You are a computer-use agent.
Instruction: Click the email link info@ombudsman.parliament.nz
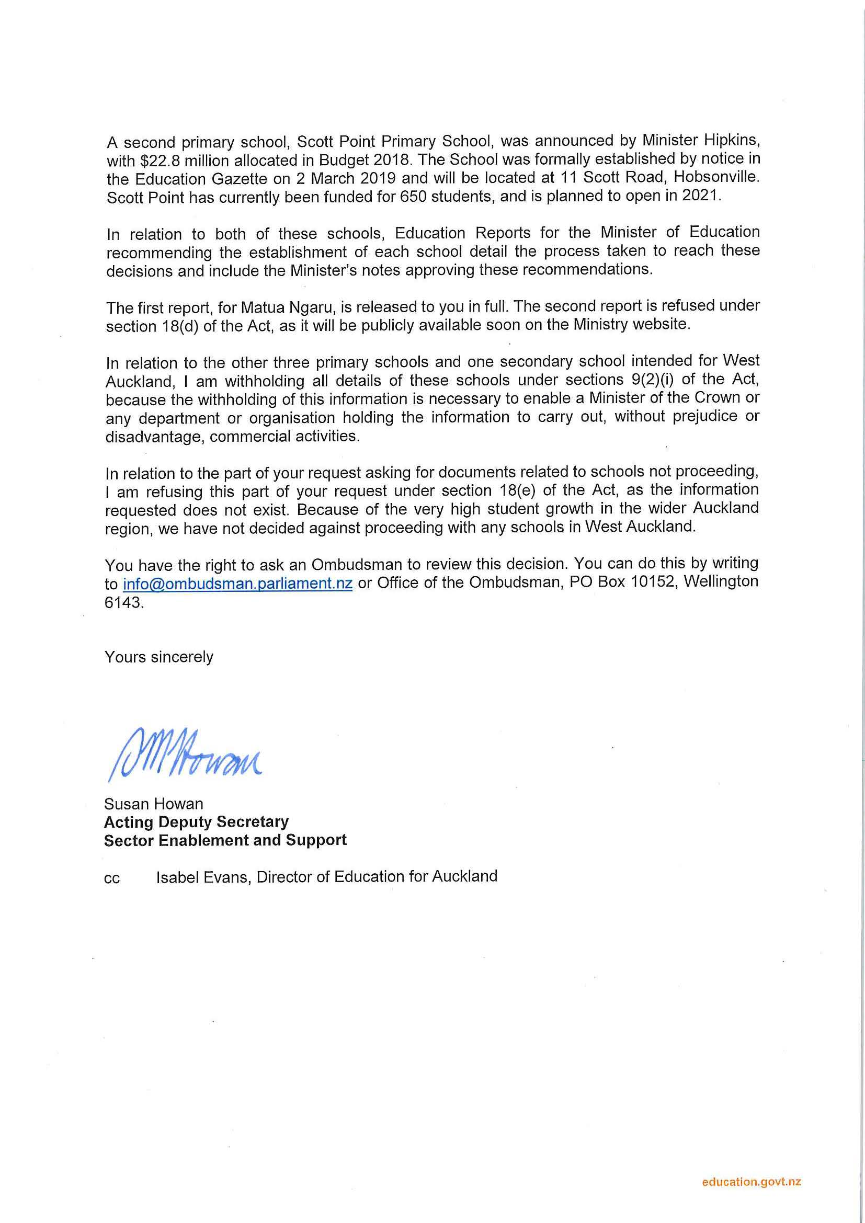coord(237,584)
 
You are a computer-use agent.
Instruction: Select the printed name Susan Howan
coord(153,804)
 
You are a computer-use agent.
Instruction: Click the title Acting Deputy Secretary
coord(196,822)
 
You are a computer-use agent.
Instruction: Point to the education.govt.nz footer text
coord(751,1182)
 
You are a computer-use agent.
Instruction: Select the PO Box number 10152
coord(654,581)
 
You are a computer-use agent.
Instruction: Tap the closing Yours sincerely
coord(159,657)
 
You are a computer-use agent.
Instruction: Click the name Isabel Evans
coord(202,877)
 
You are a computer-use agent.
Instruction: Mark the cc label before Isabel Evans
coord(112,879)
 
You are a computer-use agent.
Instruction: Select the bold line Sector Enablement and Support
coord(225,841)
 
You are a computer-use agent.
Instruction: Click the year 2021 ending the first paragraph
coord(701,196)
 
